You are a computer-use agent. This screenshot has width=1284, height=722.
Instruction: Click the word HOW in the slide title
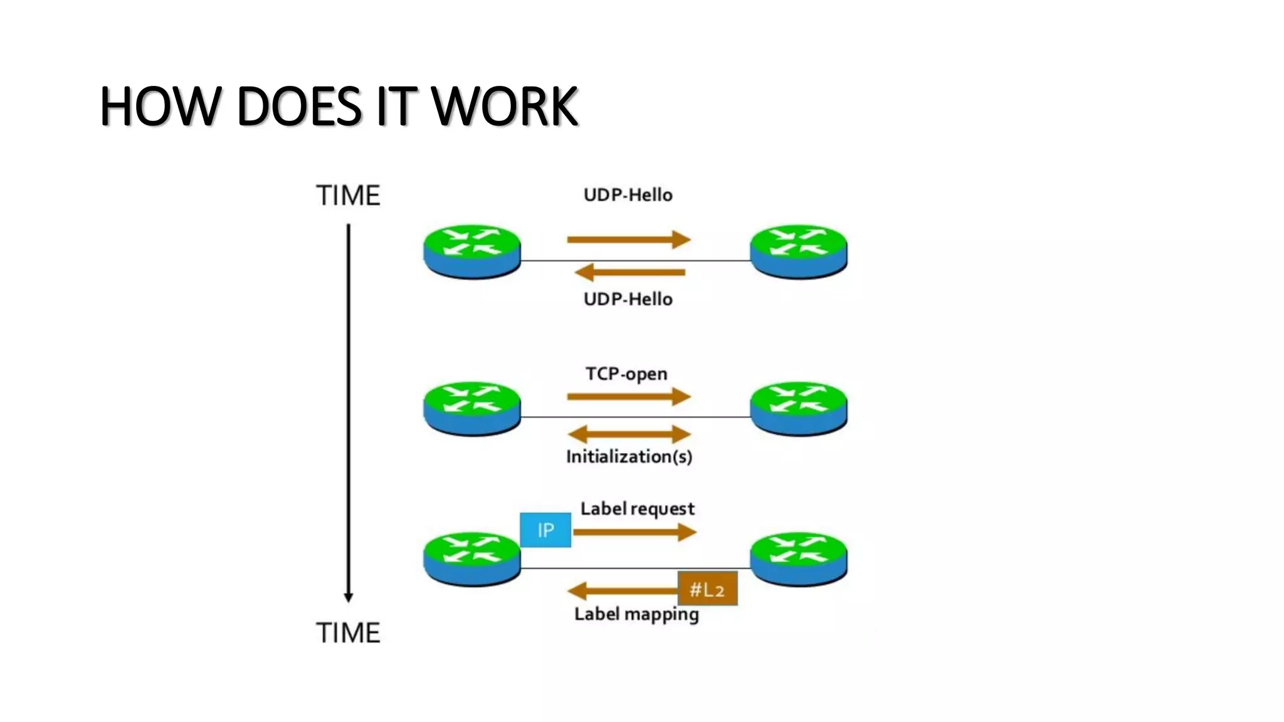coord(160,107)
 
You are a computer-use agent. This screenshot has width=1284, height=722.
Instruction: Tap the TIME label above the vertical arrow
coord(348,196)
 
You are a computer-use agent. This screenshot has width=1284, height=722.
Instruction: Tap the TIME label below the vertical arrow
coord(348,633)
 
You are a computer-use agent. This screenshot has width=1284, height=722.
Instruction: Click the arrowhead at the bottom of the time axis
coord(349,597)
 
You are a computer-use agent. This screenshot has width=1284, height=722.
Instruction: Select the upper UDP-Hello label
coord(628,195)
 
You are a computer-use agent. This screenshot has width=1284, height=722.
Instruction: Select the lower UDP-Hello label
coord(628,299)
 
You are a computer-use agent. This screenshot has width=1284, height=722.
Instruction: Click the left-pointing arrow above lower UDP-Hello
coord(629,272)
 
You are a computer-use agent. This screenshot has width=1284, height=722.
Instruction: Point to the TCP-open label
coord(626,374)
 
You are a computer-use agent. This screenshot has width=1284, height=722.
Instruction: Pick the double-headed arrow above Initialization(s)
coord(629,434)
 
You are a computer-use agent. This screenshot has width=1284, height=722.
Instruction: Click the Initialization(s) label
coord(629,456)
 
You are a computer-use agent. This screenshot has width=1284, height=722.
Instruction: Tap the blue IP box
coord(545,530)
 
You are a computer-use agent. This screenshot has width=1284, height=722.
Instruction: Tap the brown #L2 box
coord(707,589)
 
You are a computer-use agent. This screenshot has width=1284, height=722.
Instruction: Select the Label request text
coord(637,508)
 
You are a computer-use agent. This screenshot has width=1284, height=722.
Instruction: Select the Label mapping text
coord(636,614)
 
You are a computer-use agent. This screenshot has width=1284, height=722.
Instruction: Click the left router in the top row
coord(472,251)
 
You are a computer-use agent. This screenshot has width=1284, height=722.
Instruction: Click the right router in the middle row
coord(798,408)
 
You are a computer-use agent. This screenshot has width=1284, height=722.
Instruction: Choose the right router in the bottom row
coord(798,559)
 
